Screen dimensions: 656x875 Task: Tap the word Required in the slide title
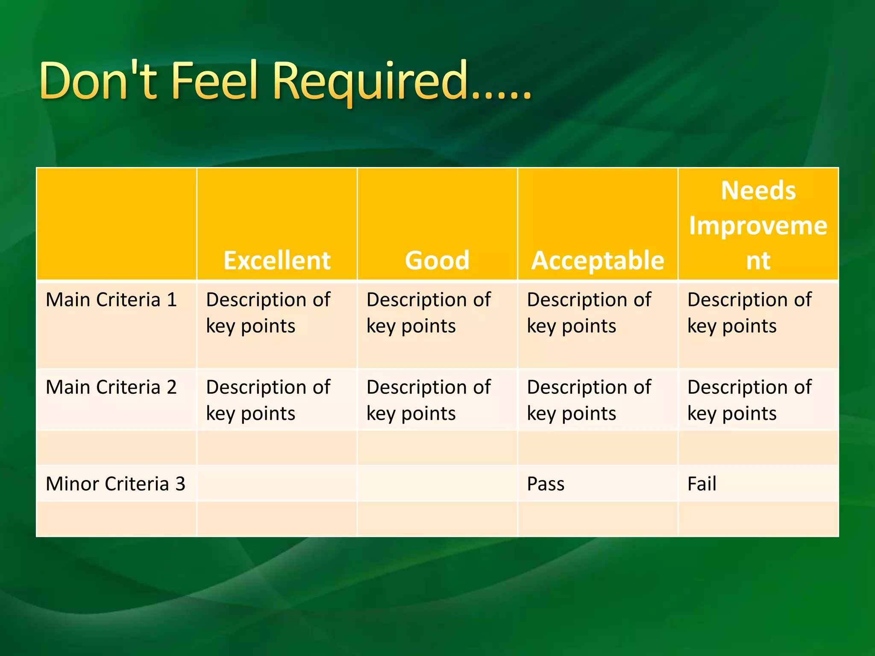(x=370, y=81)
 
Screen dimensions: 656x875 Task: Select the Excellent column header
(x=277, y=260)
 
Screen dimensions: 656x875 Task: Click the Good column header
(x=437, y=260)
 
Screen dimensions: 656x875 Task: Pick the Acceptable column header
(x=597, y=260)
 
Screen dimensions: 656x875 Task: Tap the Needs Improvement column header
(x=758, y=225)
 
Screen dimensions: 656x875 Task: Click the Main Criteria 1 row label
(x=111, y=300)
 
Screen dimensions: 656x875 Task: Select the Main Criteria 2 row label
(x=111, y=387)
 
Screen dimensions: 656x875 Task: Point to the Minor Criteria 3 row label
(x=115, y=484)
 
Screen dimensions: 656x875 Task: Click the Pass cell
(x=546, y=484)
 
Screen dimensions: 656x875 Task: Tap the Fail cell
(x=702, y=484)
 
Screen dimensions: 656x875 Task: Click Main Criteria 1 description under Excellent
(x=268, y=313)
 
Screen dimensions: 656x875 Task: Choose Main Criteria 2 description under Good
(x=429, y=400)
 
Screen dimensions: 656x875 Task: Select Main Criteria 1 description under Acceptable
(x=589, y=313)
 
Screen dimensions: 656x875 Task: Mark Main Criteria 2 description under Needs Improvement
(x=749, y=400)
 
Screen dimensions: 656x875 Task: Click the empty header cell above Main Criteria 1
(x=116, y=224)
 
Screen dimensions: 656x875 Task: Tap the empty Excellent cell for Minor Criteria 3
(x=277, y=483)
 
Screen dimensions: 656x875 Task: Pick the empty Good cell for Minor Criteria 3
(x=437, y=483)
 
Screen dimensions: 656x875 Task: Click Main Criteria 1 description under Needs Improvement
(x=749, y=313)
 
